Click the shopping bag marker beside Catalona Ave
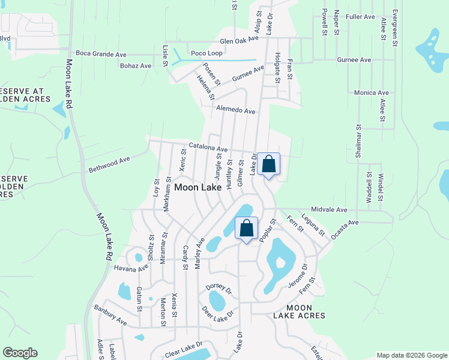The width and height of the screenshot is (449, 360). click(x=269, y=164)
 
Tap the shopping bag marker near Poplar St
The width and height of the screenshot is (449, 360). click(x=246, y=229)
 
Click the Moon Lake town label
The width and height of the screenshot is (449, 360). click(x=197, y=187)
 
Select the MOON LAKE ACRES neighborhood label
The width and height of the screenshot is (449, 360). click(x=299, y=311)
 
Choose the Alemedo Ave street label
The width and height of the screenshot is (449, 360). click(x=237, y=111)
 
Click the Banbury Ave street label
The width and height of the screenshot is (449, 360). click(x=110, y=314)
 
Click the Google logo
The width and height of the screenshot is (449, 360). click(x=20, y=353)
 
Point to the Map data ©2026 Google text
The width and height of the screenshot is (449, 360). click(x=411, y=355)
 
